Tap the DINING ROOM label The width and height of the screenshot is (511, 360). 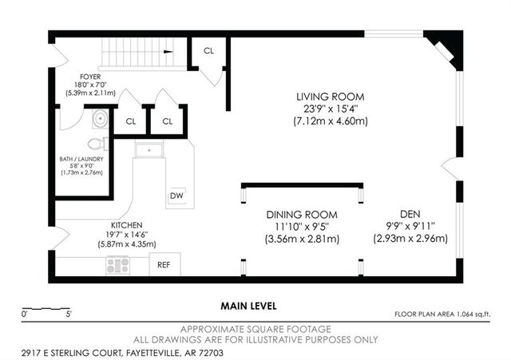click(301, 215)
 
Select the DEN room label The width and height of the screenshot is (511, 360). click(410, 214)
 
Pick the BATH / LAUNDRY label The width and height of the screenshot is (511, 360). click(81, 160)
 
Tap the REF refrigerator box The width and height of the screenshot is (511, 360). click(164, 264)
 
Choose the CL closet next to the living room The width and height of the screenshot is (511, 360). click(209, 50)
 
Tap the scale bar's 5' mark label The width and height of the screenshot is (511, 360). click(69, 315)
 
